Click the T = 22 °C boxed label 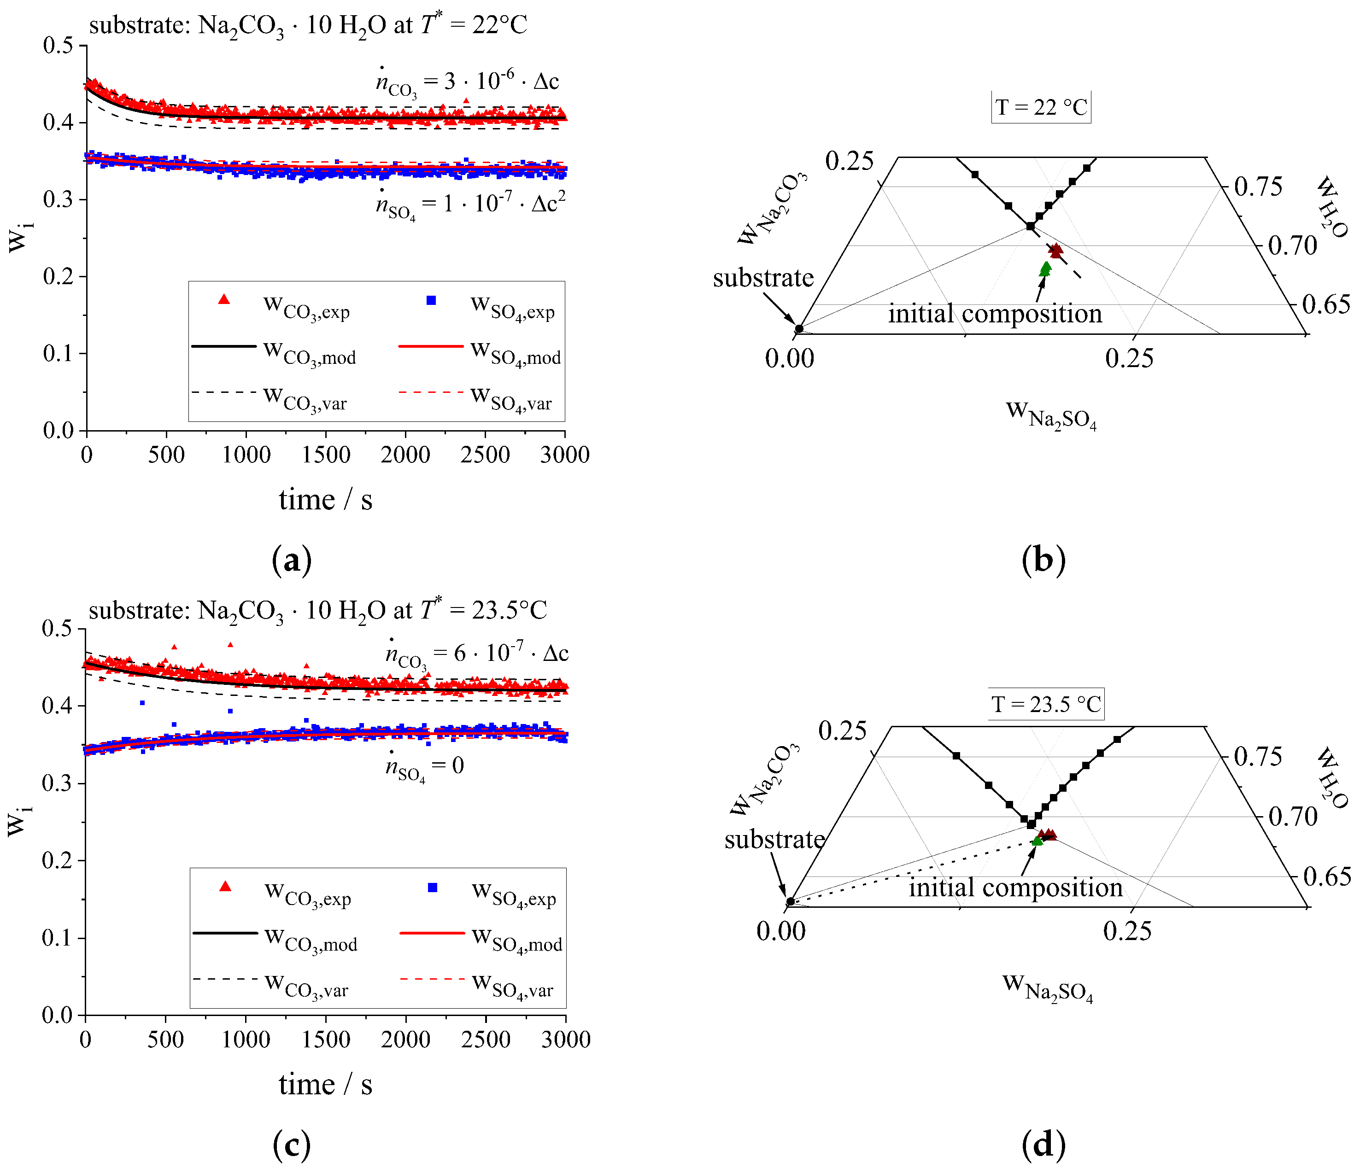point(1041,107)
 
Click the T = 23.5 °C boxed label point(1046,704)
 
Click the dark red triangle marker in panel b point(1055,250)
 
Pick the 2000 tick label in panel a point(405,454)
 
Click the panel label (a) point(292,560)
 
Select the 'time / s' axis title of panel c point(326,1084)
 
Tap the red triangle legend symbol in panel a point(224,300)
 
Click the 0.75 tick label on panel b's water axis point(1258,187)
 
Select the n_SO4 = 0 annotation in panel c point(425,766)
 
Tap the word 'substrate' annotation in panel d point(774,839)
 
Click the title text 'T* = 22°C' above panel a point(473,25)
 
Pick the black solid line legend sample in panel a point(224,346)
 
